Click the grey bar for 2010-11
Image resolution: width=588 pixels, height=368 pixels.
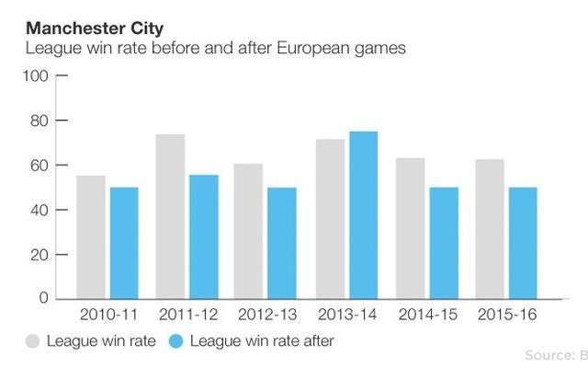(90, 237)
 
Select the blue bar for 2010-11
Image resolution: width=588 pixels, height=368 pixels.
(123, 243)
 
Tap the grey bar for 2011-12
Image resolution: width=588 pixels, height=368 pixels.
(170, 216)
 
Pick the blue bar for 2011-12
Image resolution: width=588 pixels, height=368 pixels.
(204, 237)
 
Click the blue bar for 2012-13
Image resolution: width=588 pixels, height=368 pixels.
(282, 243)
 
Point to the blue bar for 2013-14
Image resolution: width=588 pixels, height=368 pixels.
(363, 215)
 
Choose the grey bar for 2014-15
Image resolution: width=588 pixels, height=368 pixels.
(410, 228)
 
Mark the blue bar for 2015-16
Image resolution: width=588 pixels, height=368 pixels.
(522, 243)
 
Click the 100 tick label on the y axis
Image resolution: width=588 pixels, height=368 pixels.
(35, 76)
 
